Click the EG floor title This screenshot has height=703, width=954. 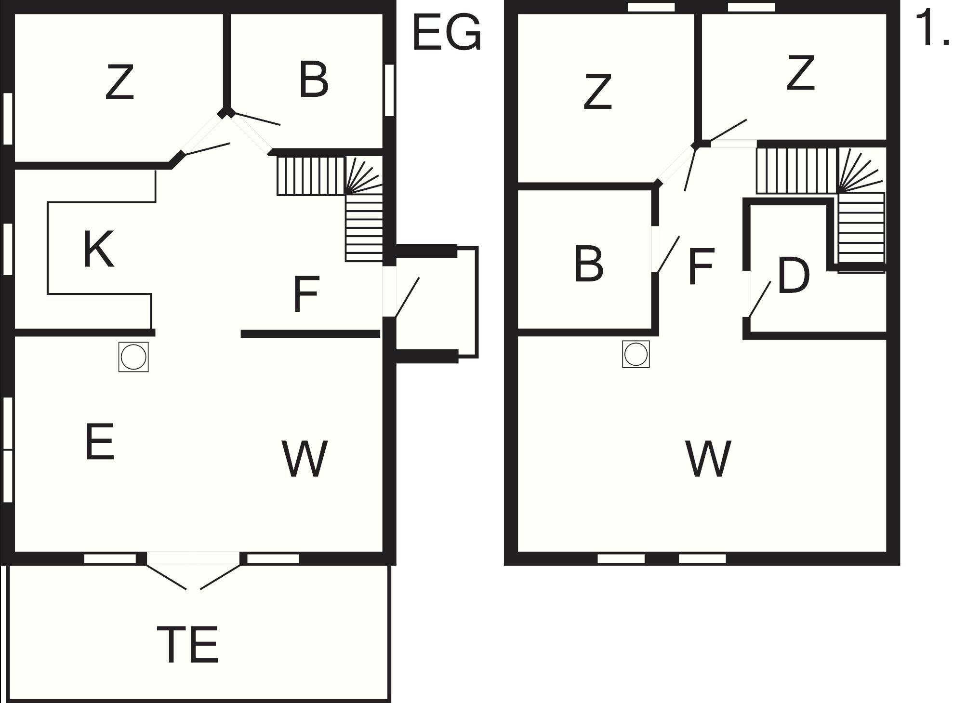pos(447,33)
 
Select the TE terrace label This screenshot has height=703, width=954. pos(188,644)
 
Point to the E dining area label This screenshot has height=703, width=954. pos(100,441)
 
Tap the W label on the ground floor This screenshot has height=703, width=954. pos(305,458)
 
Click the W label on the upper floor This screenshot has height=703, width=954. pos(708,458)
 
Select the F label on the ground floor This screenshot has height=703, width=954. pos(306,293)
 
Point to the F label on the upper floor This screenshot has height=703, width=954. pos(701,265)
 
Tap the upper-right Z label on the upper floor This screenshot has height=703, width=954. pos(800,73)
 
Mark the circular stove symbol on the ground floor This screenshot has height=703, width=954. pos(133,357)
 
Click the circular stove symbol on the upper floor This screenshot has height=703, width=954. pos(636,354)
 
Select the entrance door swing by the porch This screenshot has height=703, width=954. pos(407,297)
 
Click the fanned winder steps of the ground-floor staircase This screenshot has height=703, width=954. pos(364,175)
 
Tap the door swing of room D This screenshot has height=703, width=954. pos(759,300)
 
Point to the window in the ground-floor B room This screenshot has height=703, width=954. pos(389,90)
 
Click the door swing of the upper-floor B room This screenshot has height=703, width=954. pos(668,254)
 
